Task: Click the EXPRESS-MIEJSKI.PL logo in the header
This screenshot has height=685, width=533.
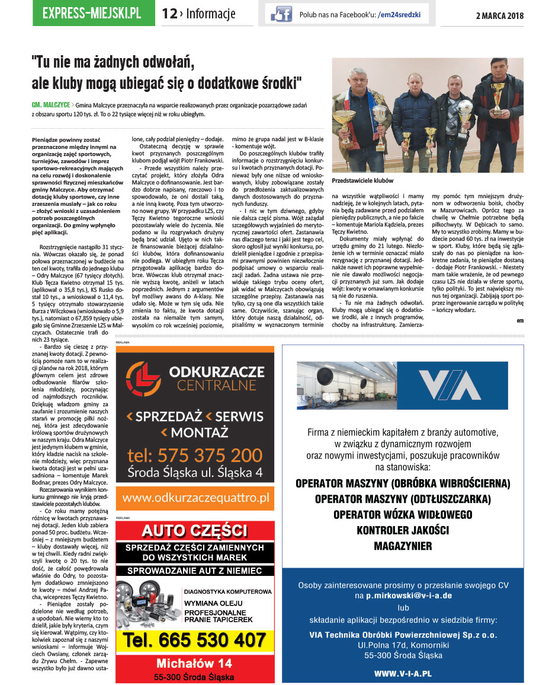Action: [91, 13]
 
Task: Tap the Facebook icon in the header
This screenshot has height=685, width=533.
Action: [281, 14]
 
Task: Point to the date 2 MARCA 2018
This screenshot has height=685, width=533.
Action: [500, 15]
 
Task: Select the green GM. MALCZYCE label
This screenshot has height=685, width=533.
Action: [52, 104]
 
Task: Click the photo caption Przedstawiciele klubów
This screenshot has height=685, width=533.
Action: [362, 180]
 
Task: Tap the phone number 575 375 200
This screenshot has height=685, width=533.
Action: [195, 455]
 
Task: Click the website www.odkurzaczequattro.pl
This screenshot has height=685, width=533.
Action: [195, 497]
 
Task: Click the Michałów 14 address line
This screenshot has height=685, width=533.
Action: [194, 662]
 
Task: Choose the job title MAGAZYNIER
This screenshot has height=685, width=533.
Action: [403, 546]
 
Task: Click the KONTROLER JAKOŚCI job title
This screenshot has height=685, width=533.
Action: [403, 530]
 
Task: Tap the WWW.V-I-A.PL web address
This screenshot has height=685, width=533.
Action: [403, 674]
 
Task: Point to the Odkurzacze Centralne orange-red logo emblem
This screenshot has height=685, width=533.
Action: [143, 378]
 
